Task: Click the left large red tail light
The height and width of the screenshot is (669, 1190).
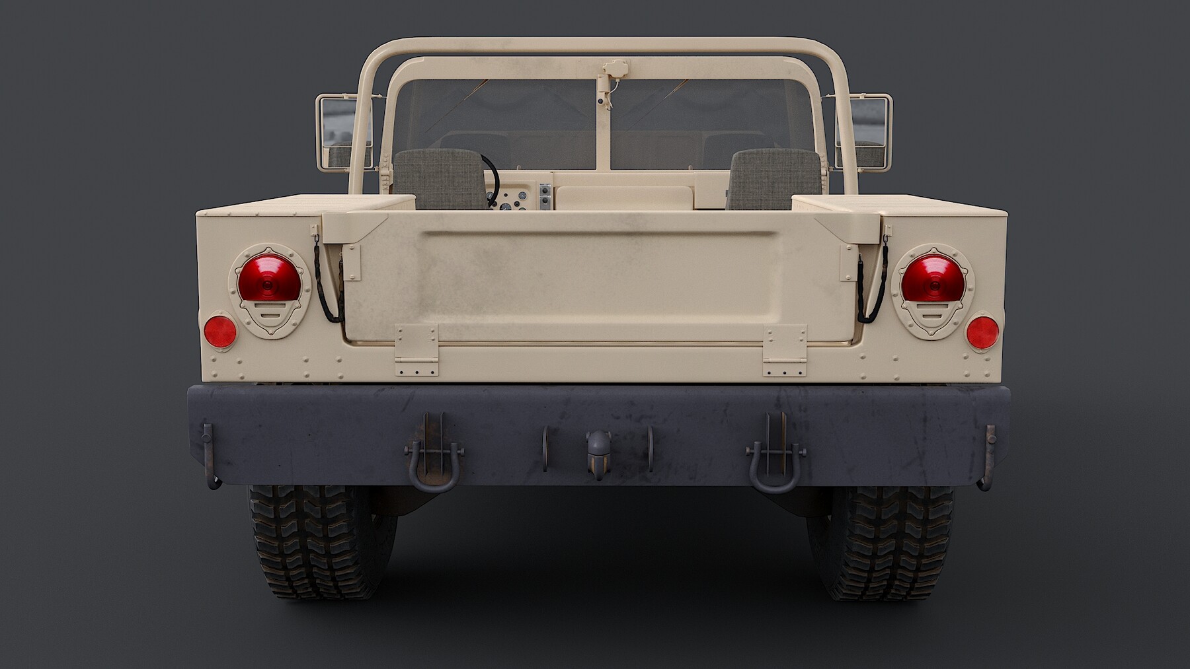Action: point(269,278)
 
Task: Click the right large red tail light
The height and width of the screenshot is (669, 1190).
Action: point(933,278)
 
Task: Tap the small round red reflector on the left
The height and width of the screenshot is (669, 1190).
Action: point(220,332)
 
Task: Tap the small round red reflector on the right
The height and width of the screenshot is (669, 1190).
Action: point(982,332)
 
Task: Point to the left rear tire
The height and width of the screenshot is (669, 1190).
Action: point(317,542)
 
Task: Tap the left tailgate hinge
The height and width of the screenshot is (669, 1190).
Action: point(416,350)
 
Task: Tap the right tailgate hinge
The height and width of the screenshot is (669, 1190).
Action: point(785,350)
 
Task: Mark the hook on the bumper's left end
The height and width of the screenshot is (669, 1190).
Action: point(210,456)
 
